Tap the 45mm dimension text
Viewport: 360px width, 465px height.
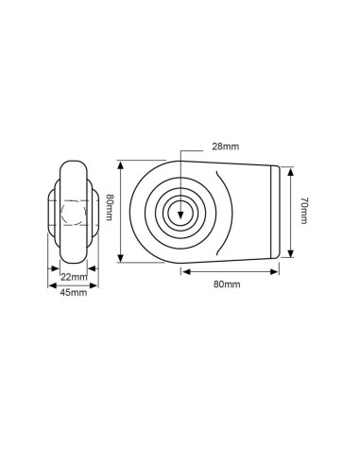coord(73,293)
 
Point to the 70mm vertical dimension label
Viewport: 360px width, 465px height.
coord(303,212)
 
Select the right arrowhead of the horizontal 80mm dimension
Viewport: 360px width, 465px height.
coord(278,271)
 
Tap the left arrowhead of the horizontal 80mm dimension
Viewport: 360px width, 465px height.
coord(182,271)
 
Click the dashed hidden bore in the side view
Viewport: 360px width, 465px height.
coord(72,212)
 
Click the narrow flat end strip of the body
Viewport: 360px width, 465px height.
coord(277,212)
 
